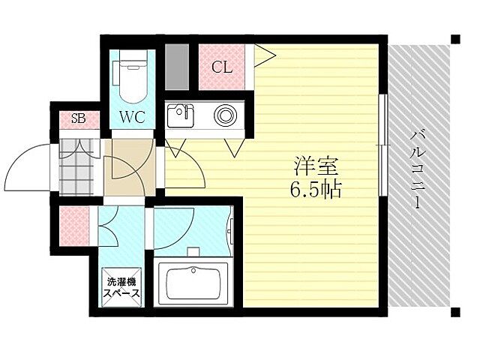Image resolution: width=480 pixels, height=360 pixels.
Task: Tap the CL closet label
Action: tap(221, 67)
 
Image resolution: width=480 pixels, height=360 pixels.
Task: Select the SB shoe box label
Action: tap(78, 118)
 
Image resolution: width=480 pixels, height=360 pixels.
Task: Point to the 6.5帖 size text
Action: tap(315, 190)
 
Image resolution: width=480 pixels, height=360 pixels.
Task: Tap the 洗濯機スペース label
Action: tap(121, 289)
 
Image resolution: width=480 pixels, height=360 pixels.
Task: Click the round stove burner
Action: tap(225, 115)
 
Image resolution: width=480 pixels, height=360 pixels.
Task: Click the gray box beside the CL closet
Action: tap(178, 67)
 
